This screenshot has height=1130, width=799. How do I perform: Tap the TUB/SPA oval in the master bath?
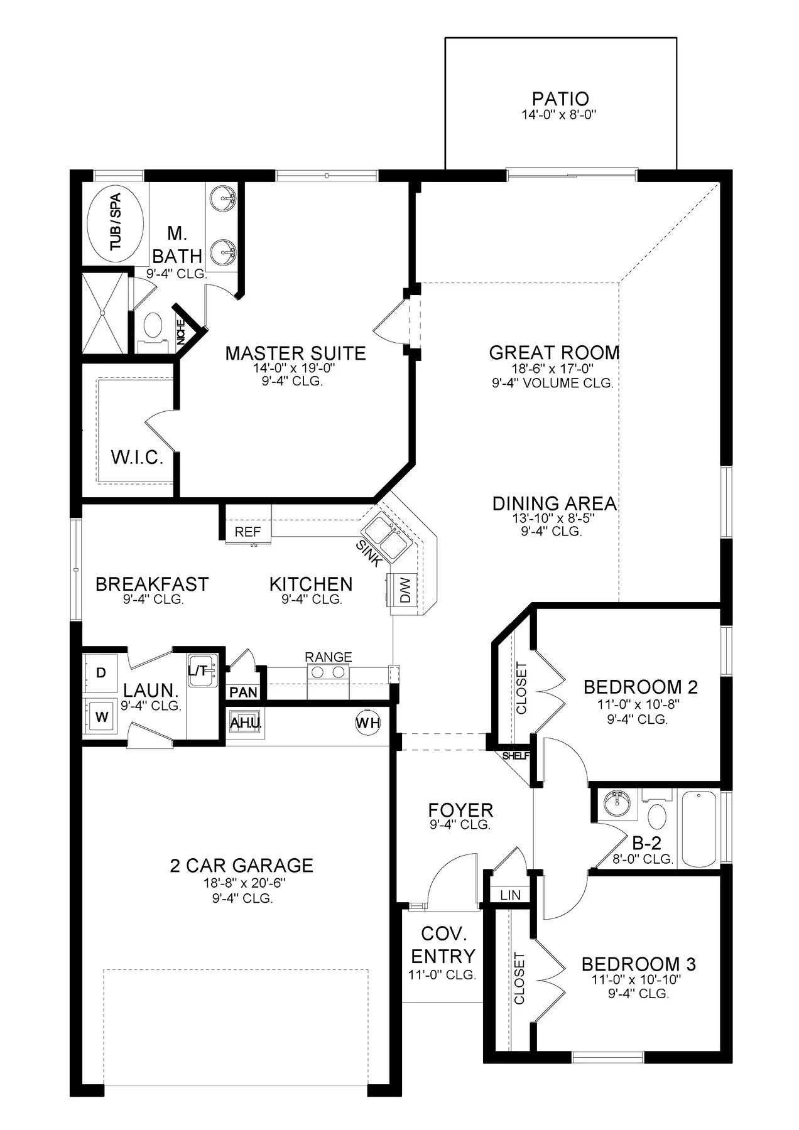(115, 222)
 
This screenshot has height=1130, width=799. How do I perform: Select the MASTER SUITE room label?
(295, 353)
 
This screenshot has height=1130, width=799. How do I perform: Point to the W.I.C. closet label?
(137, 456)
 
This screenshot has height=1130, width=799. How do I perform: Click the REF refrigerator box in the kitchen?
(248, 531)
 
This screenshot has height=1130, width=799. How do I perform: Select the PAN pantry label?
(244, 692)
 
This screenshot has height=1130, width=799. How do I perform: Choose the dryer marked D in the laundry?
(101, 672)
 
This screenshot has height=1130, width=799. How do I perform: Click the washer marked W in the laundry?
(101, 717)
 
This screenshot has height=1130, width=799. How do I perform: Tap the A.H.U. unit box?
(246, 723)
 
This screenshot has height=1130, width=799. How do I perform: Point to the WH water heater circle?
(368, 723)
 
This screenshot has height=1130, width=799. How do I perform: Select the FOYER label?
(460, 810)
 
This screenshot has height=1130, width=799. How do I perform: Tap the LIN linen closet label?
(511, 895)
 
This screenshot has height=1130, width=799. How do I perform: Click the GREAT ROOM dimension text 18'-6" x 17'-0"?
(553, 369)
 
